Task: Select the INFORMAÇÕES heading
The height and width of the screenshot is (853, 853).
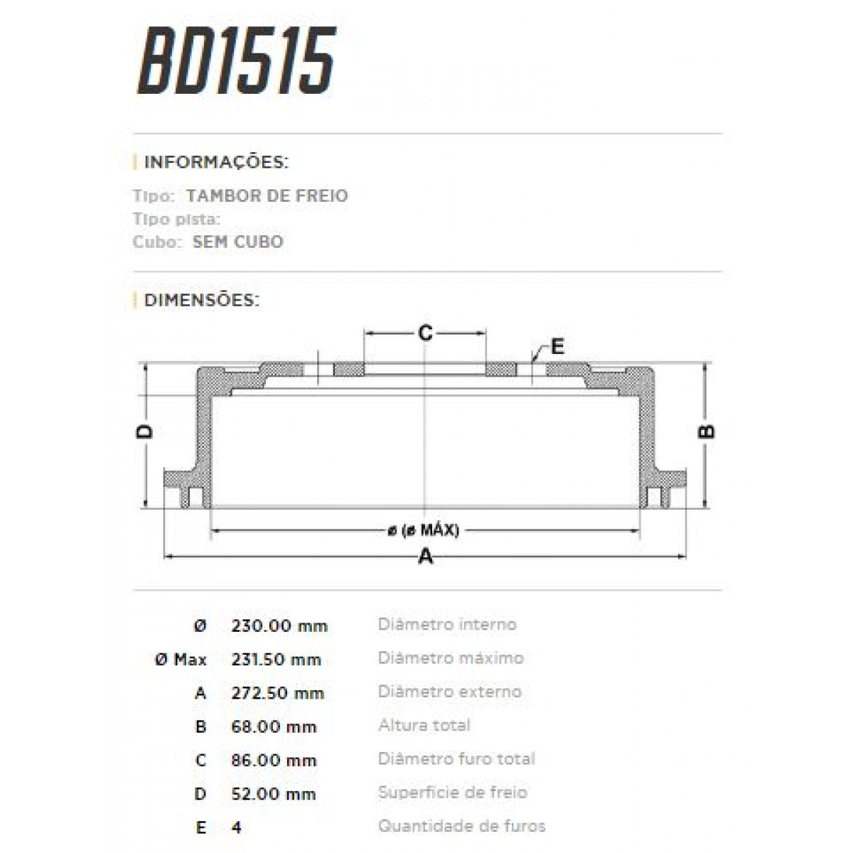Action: click(x=215, y=162)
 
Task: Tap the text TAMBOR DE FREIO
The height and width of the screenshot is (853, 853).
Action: click(x=267, y=195)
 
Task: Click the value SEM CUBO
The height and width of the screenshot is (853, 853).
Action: click(x=237, y=242)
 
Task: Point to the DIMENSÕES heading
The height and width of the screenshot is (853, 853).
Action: click(x=201, y=300)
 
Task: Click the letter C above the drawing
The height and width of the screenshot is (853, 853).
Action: click(x=424, y=332)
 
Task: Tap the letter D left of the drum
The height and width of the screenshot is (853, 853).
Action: click(x=145, y=431)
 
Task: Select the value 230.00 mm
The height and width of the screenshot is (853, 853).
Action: click(x=279, y=626)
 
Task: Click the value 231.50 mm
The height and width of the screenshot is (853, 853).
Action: click(x=276, y=660)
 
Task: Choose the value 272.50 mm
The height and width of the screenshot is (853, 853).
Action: click(x=277, y=693)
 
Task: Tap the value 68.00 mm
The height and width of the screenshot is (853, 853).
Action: click(x=274, y=727)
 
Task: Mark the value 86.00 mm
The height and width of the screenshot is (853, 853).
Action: click(x=274, y=761)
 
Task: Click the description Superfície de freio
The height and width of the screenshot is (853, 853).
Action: click(x=452, y=793)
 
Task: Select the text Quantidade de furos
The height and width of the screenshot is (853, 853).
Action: click(x=461, y=826)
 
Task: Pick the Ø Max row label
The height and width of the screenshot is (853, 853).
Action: click(x=181, y=660)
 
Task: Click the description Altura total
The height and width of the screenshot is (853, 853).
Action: click(x=424, y=726)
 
